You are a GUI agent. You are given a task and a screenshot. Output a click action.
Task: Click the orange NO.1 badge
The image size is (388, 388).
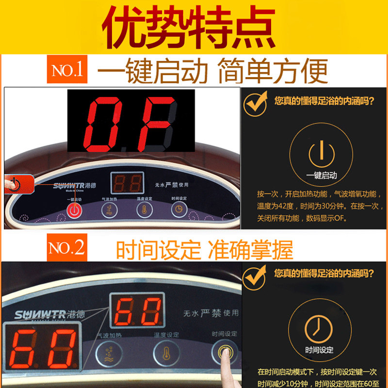tap(67, 71)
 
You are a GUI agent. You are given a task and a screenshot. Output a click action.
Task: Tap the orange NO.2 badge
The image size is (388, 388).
tap(67, 248)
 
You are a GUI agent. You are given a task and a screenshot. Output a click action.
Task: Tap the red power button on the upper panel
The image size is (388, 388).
tap(73, 210)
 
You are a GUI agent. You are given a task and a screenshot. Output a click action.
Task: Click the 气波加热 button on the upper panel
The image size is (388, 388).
tap(108, 210)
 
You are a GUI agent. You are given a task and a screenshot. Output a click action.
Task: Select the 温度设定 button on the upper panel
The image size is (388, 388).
tap(143, 209)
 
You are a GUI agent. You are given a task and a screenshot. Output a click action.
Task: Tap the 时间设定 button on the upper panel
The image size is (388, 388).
tap(178, 209)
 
